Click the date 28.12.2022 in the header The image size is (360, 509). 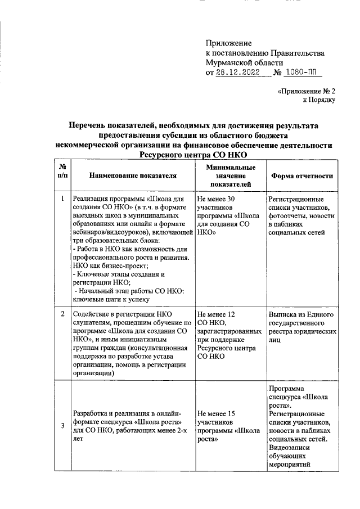pyautogui.click(x=238, y=73)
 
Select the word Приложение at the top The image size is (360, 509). pyautogui.click(x=229, y=43)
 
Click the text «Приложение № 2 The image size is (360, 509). pyautogui.click(x=307, y=90)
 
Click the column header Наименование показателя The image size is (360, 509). pyautogui.click(x=133, y=175)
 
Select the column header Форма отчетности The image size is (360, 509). pyautogui.click(x=302, y=175)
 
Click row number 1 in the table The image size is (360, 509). pyautogui.click(x=62, y=199)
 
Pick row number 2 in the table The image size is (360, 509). pyautogui.click(x=62, y=313)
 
